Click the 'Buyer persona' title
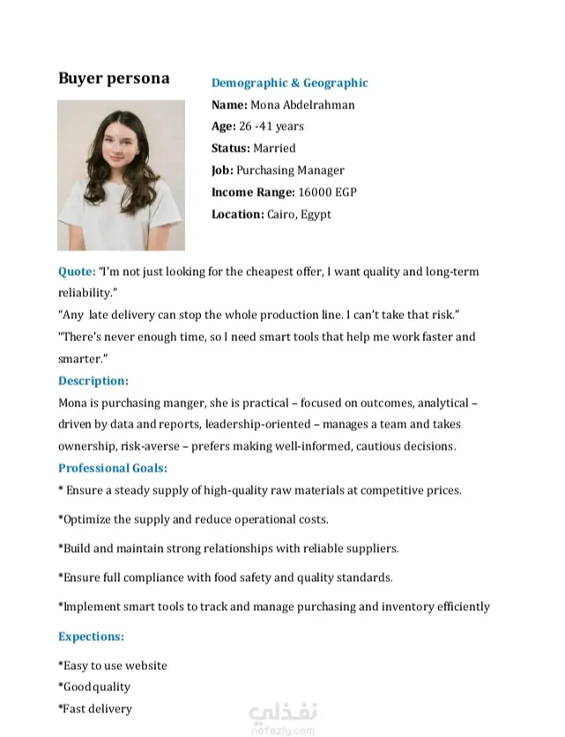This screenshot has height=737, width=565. [114, 78]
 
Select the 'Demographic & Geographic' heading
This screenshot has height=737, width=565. [289, 83]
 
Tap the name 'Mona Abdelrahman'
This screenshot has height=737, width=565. [302, 105]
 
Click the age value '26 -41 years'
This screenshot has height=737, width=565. [271, 127]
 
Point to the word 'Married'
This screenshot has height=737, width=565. [274, 148]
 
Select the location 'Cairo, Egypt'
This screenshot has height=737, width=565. [299, 214]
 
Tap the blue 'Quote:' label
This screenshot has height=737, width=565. [77, 272]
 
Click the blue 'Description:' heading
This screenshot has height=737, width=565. [93, 381]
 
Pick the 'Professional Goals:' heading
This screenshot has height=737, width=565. [112, 468]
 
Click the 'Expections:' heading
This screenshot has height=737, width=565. [91, 636]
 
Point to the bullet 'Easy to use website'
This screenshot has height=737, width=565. [115, 666]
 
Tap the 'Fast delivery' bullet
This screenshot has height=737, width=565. [97, 709]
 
